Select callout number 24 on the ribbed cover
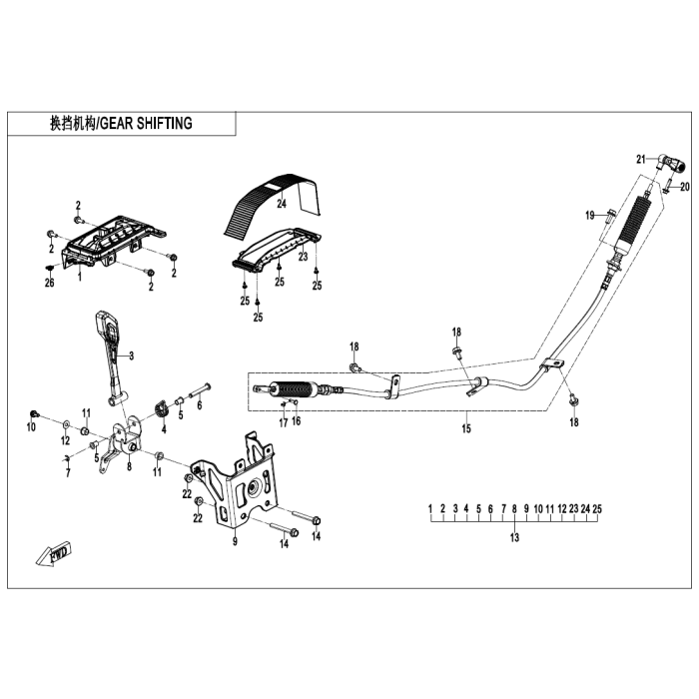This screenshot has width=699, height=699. coord(253,203)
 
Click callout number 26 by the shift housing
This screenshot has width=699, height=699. coord(47,283)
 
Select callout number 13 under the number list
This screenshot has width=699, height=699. coord(515,537)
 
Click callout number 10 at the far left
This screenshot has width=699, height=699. coord(31,427)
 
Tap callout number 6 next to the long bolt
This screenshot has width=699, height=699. coord(200,405)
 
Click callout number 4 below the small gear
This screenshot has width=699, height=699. coord(164,429)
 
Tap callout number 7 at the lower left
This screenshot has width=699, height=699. coord(67,473)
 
